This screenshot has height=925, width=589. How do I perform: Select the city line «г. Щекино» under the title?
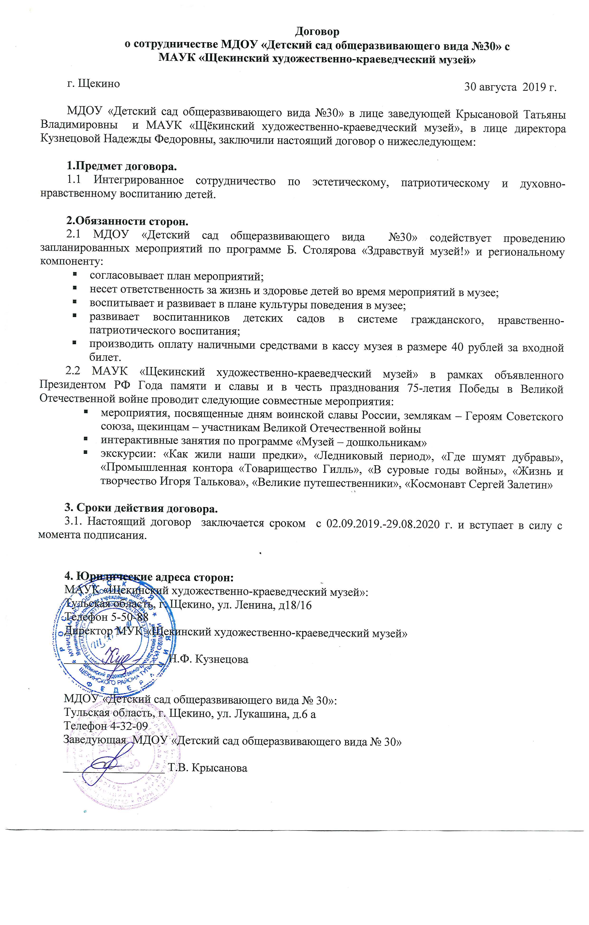tap(93, 83)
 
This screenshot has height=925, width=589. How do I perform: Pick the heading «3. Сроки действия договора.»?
tap(141, 509)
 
